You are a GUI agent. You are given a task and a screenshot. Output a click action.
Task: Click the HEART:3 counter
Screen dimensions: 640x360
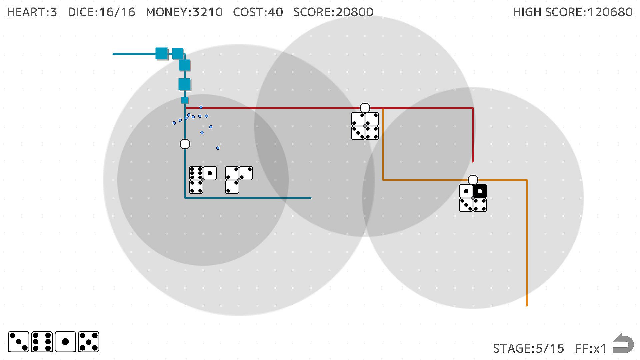(x=32, y=12)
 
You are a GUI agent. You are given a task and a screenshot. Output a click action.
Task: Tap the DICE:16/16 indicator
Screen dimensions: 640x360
(x=102, y=12)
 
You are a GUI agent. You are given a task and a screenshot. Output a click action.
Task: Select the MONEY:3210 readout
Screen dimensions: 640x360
(x=184, y=12)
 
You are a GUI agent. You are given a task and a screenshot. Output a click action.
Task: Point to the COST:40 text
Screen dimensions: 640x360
(x=258, y=12)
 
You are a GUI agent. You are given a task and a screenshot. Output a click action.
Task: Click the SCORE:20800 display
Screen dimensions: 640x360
(x=333, y=12)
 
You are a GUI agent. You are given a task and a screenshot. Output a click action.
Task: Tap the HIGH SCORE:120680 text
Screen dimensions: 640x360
(x=573, y=12)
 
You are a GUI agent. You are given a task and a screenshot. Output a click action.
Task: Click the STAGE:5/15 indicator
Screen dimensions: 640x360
(x=529, y=349)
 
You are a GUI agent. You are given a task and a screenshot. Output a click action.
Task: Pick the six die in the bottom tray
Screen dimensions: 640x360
(x=42, y=342)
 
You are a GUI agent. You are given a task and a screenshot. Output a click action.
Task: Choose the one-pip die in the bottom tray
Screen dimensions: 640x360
(x=65, y=342)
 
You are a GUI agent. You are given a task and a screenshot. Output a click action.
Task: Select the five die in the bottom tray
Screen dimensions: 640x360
(x=89, y=342)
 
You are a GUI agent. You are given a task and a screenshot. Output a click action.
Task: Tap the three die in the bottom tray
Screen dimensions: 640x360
(x=19, y=342)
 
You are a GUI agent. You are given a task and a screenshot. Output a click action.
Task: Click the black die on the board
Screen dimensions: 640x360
(x=480, y=191)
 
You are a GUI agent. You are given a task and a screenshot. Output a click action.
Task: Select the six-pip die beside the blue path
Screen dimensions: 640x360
(x=196, y=173)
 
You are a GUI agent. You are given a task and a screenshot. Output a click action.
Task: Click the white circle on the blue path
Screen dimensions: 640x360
(x=185, y=144)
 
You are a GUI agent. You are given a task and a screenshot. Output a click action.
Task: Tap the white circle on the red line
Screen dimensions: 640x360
(x=365, y=108)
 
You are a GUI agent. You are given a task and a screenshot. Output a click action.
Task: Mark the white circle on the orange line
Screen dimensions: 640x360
(x=473, y=180)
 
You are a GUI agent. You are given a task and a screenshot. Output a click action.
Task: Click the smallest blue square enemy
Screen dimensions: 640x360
(x=185, y=100)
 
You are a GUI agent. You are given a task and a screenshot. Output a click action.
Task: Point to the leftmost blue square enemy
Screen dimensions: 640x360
(x=162, y=54)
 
